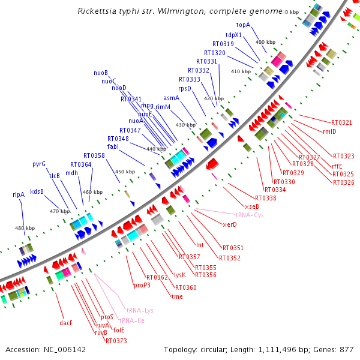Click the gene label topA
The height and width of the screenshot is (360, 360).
[243, 25]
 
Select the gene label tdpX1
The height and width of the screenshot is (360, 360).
[233, 35]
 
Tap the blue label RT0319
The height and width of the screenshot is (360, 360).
[223, 44]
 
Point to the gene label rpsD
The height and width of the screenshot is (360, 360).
[184, 88]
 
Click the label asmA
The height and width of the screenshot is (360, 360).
[171, 98]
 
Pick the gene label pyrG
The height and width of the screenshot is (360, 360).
[39, 164]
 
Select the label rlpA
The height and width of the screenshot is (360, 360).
[19, 194]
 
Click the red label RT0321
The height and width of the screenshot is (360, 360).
[340, 123]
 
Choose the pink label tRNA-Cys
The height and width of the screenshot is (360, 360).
[249, 214]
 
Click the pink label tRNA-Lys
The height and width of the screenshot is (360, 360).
[140, 310]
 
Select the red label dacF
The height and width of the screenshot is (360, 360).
[66, 323]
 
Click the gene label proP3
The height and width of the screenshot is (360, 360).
[142, 285]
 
